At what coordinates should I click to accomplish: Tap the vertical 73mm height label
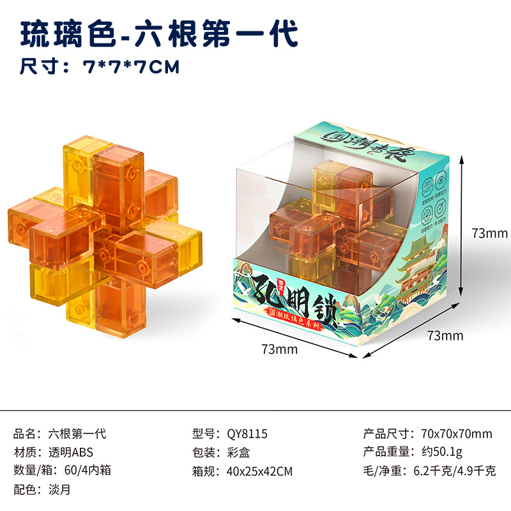tap(489, 234)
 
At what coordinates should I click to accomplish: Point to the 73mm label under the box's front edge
tap(279, 349)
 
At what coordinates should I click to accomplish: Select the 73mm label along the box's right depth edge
tap(445, 335)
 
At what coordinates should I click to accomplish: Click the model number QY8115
tap(247, 434)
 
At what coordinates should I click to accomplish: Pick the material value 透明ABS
tap(71, 453)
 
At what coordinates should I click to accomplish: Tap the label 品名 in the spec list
tap(24, 434)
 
